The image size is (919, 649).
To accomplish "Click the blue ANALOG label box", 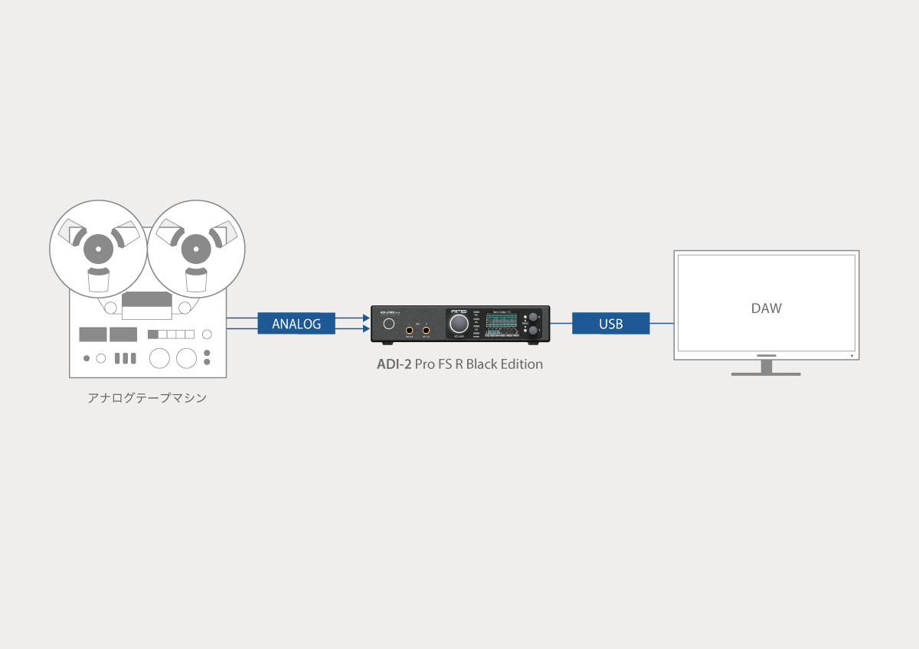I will pyautogui.click(x=296, y=324).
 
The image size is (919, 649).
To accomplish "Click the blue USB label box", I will pyautogui.click(x=610, y=324).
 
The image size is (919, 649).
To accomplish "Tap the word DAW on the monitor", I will pyautogui.click(x=766, y=308).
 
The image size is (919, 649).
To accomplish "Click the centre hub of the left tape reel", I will pyautogui.click(x=98, y=249).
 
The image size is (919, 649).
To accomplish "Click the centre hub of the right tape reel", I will pyautogui.click(x=195, y=249).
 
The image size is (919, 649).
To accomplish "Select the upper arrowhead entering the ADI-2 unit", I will pyautogui.click(x=364, y=317).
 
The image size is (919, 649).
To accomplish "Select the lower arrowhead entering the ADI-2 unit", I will pyautogui.click(x=364, y=330).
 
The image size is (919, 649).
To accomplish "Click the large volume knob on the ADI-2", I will pyautogui.click(x=458, y=324).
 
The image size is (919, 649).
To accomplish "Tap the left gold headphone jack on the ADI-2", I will pyautogui.click(x=410, y=330).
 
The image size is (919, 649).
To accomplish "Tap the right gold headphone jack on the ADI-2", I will pyautogui.click(x=426, y=330).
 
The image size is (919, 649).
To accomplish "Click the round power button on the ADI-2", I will pyautogui.click(x=389, y=324).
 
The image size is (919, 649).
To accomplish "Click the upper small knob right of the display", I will pyautogui.click(x=533, y=317).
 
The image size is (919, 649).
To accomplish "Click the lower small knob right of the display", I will pyautogui.click(x=533, y=331).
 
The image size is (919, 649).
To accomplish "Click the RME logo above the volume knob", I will pyautogui.click(x=458, y=311).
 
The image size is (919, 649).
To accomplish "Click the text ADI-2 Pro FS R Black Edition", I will pyautogui.click(x=459, y=364).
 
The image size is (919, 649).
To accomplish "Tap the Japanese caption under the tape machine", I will pyautogui.click(x=147, y=398).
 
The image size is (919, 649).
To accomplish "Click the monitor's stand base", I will pyautogui.click(x=766, y=373).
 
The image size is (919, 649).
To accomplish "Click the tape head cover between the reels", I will pyautogui.click(x=147, y=305).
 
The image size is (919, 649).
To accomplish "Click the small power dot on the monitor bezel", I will pyautogui.click(x=852, y=355).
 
